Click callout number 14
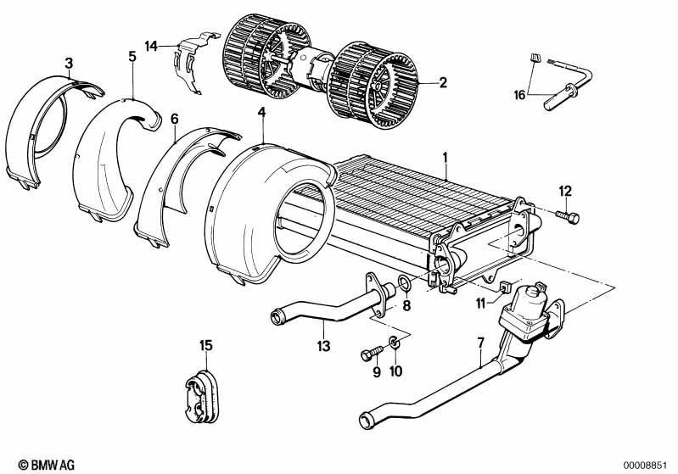coord(151,46)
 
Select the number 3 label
coord(69,64)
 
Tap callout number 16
coord(519,95)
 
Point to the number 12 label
coord(565,191)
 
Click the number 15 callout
coord(206,345)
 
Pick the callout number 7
coord(481,343)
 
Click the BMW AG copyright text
coord(47,465)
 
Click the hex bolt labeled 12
coord(568,217)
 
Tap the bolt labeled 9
coord(372,353)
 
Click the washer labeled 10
coord(394,343)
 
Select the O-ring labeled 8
coord(405,284)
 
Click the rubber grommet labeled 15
coord(201,396)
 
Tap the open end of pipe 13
coord(276,318)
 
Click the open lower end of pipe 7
coord(367,421)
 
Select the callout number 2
coord(443,82)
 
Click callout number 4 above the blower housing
coord(261,113)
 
